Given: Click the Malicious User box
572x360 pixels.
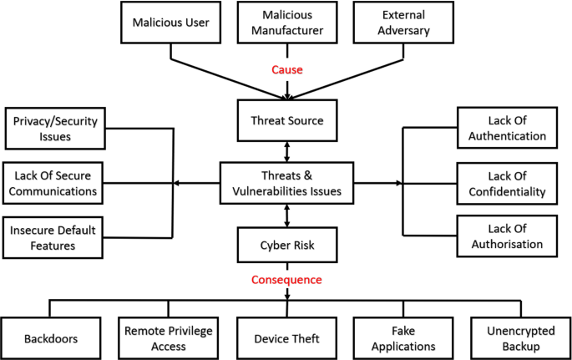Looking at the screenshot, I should tap(170, 23).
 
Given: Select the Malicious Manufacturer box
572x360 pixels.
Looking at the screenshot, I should tap(287, 23).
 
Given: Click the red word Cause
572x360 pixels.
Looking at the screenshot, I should tap(287, 69).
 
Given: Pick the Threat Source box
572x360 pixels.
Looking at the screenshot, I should tap(287, 121).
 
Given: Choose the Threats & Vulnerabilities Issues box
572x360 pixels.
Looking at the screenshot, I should tap(287, 183).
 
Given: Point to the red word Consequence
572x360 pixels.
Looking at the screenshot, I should tap(287, 279).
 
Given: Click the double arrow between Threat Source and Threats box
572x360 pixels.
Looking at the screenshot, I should tap(287, 152).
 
